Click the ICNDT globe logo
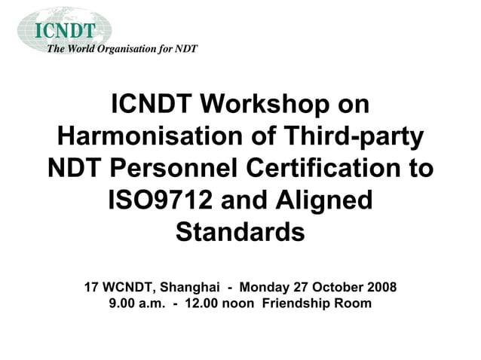(x=65, y=29)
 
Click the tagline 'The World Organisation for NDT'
(x=122, y=50)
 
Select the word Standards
(x=240, y=231)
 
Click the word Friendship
(x=298, y=304)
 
